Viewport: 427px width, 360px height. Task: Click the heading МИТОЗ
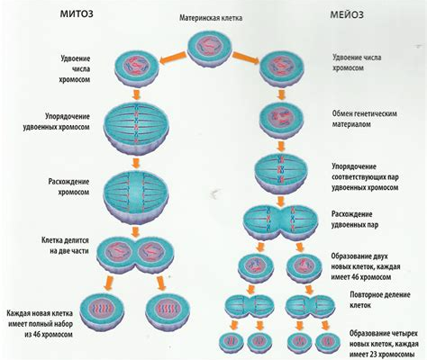pos(77,14)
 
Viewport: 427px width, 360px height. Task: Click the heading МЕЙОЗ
pos(347,14)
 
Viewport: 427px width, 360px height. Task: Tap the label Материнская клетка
pos(211,18)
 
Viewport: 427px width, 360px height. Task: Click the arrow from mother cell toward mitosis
pos(173,58)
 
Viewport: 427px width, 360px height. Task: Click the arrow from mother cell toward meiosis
pos(246,58)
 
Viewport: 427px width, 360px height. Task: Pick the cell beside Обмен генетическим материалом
pos(281,121)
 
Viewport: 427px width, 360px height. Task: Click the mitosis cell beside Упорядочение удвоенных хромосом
pos(136,128)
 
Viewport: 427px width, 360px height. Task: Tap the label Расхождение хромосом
pos(68,187)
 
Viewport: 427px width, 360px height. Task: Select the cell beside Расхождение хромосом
pos(136,195)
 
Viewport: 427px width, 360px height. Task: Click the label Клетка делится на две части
pos(65,246)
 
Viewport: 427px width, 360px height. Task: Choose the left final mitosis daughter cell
pos(102,312)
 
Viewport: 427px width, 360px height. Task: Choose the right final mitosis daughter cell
pos(168,312)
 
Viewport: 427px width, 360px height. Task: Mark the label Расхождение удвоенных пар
pos(355,220)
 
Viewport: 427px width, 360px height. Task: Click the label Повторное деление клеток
pos(380,300)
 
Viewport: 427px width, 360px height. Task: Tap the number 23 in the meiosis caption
pos(375,354)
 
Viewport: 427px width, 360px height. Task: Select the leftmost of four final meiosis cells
pos(232,343)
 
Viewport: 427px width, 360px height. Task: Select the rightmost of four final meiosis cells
pos(329,343)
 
